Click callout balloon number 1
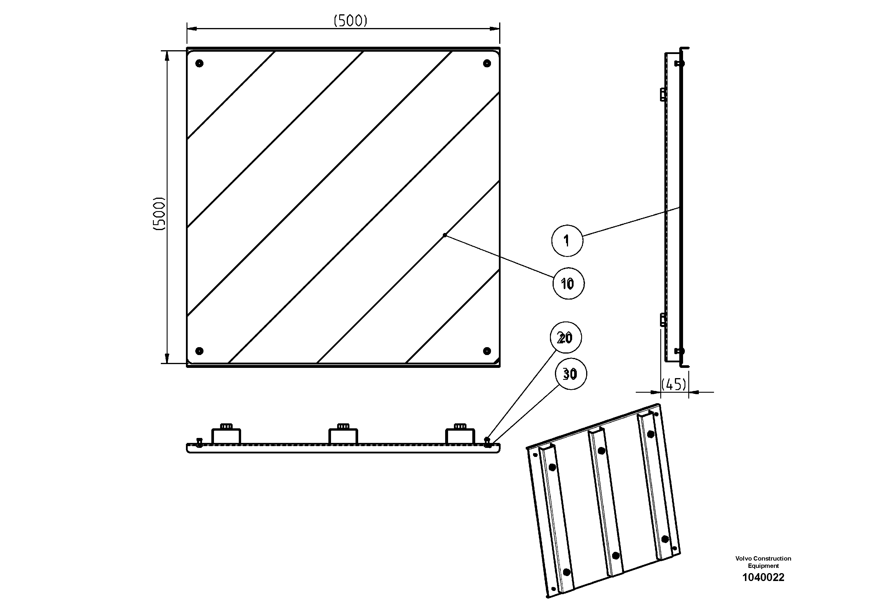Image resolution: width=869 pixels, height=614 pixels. coord(567,241)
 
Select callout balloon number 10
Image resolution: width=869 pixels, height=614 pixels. coord(568,283)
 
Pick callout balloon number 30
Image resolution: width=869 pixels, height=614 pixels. coord(570,374)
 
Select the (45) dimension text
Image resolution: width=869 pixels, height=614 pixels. coord(674,385)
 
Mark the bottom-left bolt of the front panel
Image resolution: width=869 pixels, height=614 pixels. coord(199,351)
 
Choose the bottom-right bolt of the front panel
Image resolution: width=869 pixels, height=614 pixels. coord(487,351)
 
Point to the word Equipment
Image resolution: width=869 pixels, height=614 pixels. coord(763,566)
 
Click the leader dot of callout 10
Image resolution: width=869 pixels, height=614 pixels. coord(445,235)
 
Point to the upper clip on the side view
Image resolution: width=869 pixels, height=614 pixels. coord(663,94)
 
